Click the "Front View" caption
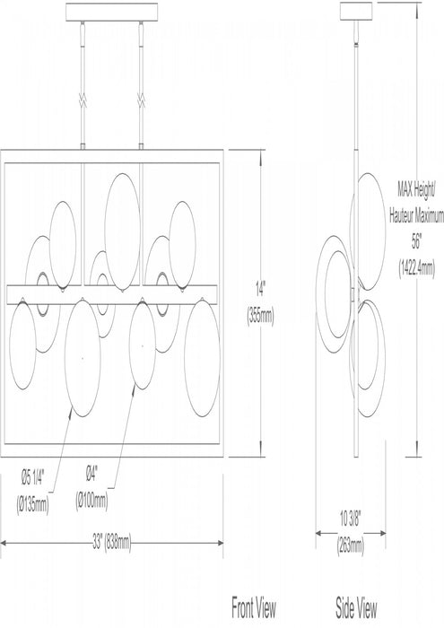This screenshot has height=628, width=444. (x=254, y=607)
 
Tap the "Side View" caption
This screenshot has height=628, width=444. (x=356, y=607)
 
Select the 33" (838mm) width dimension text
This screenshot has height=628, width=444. (x=112, y=543)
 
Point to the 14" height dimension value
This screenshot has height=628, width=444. (x=261, y=288)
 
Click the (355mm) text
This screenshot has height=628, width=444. (x=261, y=317)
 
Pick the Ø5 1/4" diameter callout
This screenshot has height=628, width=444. (x=32, y=477)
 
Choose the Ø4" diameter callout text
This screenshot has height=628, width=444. (x=91, y=475)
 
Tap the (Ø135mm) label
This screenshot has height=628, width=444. (x=32, y=504)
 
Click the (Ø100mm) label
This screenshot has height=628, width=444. (x=91, y=501)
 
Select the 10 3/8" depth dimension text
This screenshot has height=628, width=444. (x=351, y=519)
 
